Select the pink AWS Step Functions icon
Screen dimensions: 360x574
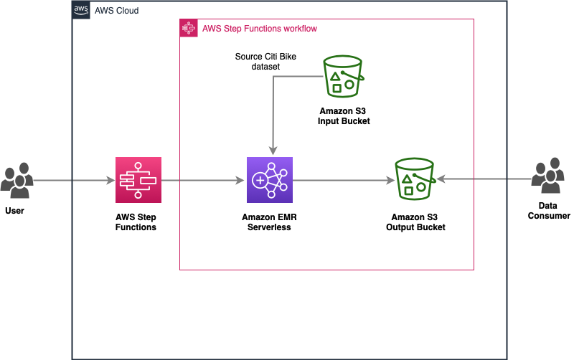(138, 180)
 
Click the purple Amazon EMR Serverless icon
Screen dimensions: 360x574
(269, 180)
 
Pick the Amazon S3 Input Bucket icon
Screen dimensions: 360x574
(344, 75)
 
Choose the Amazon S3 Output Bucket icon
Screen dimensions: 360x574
(415, 179)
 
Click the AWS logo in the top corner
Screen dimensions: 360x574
(82, 11)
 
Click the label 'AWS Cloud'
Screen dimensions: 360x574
(117, 11)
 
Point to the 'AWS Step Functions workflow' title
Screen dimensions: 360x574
(260, 29)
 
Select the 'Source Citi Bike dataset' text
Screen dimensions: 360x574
(257, 61)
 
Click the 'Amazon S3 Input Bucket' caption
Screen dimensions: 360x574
(344, 116)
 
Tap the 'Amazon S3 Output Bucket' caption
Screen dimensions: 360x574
(415, 222)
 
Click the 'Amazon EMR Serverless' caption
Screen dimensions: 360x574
(269, 222)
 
